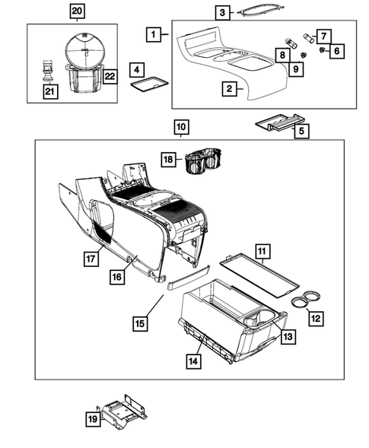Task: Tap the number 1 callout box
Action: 154,34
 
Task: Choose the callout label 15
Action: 140,323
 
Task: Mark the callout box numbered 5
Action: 301,130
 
